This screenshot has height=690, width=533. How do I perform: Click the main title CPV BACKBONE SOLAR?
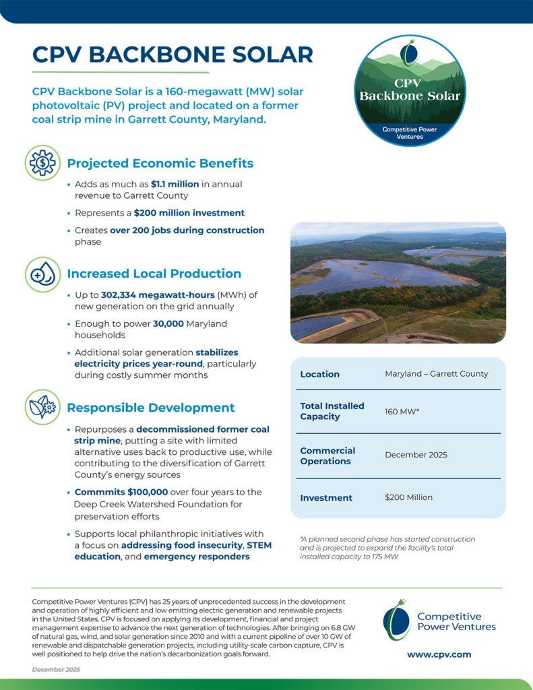[173, 54]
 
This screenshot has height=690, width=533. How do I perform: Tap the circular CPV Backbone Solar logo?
[410, 91]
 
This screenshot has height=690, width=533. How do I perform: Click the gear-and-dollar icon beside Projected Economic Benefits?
[43, 162]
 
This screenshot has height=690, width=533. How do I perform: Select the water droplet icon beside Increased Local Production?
[43, 274]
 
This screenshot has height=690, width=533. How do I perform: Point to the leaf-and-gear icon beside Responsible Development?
[43, 407]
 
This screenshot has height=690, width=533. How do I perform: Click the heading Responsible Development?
[151, 408]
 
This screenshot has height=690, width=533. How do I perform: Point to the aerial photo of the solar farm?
[398, 283]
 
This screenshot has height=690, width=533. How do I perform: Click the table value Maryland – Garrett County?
[436, 374]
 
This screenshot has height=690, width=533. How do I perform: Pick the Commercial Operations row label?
[327, 456]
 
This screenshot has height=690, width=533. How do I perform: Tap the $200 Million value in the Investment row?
[408, 497]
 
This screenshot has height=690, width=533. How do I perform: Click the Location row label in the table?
[320, 374]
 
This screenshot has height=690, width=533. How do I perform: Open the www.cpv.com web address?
[439, 654]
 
